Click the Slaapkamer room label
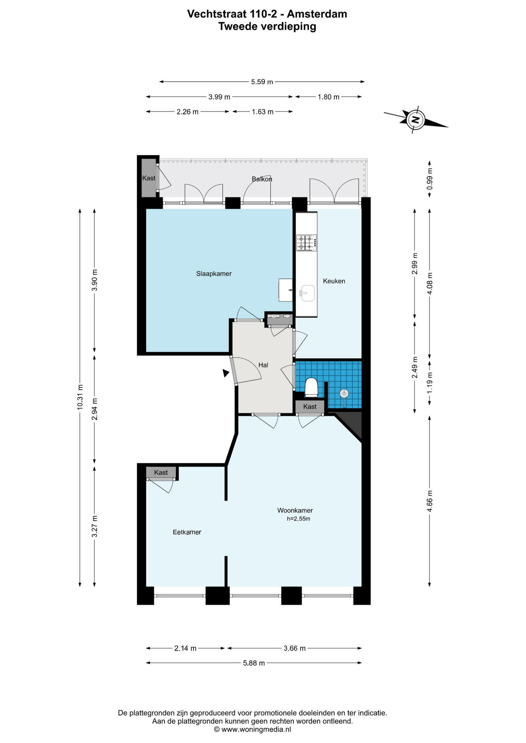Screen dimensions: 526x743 pyautogui.click(x=214, y=274)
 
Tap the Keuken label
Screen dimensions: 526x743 pyautogui.click(x=334, y=281)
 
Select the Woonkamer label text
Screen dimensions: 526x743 pyautogui.click(x=295, y=510)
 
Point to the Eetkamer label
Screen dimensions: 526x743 pyautogui.click(x=187, y=532)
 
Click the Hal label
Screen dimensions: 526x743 pyautogui.click(x=263, y=365)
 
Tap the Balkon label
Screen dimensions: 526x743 pyautogui.click(x=262, y=179)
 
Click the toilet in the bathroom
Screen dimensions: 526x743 pyautogui.click(x=311, y=387)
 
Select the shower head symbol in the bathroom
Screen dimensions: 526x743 pyautogui.click(x=344, y=394)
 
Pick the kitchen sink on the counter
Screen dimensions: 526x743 pyautogui.click(x=307, y=293)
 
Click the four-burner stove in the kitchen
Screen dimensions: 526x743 pyautogui.click(x=307, y=243)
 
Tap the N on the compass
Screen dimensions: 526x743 pyautogui.click(x=415, y=119)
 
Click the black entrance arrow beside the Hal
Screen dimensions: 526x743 pyautogui.click(x=225, y=373)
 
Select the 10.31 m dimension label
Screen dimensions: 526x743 pyautogui.click(x=80, y=397)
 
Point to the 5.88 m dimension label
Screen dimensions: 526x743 pyautogui.click(x=254, y=663)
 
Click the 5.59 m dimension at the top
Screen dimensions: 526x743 pyautogui.click(x=262, y=82)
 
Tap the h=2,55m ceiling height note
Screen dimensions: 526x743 pyautogui.click(x=298, y=519)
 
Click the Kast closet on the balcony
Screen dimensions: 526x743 pyautogui.click(x=149, y=178)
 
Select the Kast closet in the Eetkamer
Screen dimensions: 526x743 pyautogui.click(x=161, y=473)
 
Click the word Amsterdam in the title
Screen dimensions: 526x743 pyautogui.click(x=317, y=14)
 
